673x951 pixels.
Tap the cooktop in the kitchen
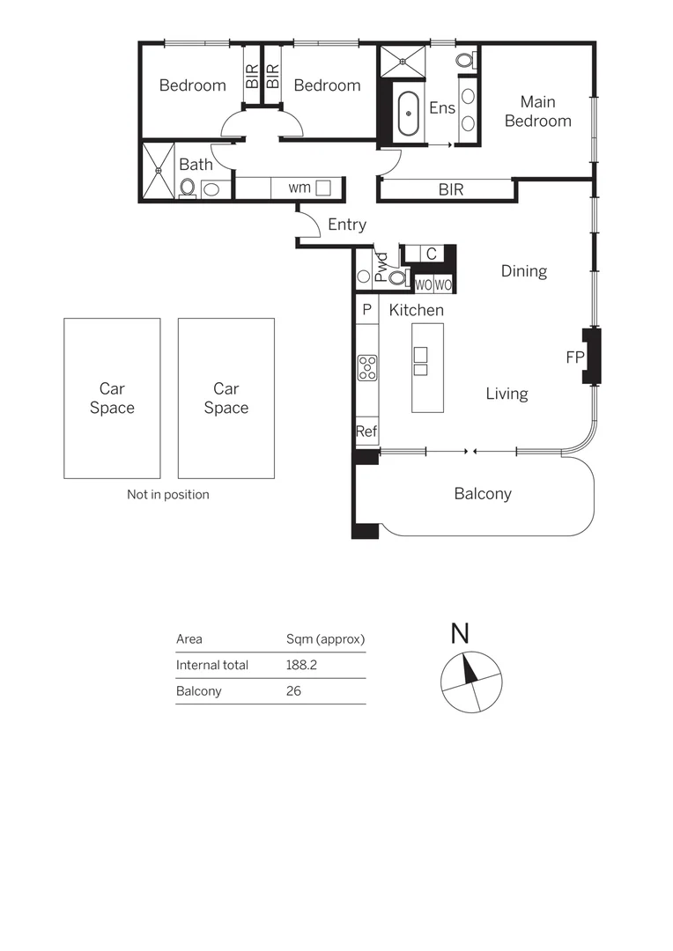pos(367,367)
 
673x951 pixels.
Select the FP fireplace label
pos(574,358)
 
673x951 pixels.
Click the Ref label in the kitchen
pos(366,431)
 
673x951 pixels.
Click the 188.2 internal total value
pos(301,666)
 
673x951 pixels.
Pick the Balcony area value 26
pos(293,691)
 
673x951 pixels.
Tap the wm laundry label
pos(300,188)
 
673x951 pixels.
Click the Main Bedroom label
pos(537,112)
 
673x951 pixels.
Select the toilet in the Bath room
pos(188,188)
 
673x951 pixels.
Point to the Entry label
pos(346,225)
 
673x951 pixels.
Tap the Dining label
pos(524,271)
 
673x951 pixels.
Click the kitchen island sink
pos(420,361)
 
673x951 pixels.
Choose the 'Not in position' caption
pos(168,495)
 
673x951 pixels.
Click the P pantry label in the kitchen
pos(366,309)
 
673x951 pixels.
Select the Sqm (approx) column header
pos(325,639)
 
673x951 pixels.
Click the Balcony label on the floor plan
pos(483,494)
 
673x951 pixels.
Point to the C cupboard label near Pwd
pos(431,254)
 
